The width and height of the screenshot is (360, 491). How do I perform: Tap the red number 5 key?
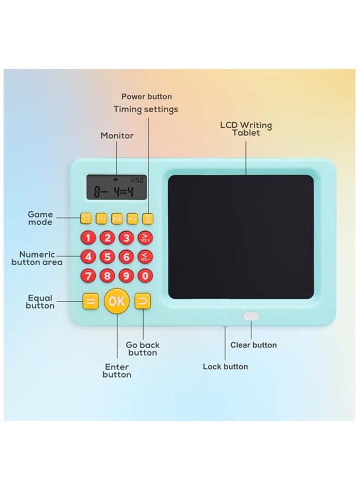click(x=107, y=257)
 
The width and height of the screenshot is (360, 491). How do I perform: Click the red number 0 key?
click(x=146, y=276)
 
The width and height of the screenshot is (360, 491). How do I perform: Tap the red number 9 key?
click(x=127, y=276)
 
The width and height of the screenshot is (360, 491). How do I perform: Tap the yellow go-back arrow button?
click(x=142, y=301)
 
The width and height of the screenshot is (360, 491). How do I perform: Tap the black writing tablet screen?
click(x=241, y=237)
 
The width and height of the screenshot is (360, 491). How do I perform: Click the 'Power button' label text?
click(x=146, y=97)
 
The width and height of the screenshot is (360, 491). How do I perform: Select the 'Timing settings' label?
click(x=146, y=110)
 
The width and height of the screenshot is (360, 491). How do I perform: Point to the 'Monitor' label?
click(x=117, y=135)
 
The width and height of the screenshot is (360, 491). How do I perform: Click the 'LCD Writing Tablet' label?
click(x=246, y=129)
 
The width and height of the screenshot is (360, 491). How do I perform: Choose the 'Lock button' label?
click(x=225, y=366)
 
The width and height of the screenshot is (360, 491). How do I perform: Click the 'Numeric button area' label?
click(x=37, y=258)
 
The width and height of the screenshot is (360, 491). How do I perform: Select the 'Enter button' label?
click(x=117, y=371)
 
